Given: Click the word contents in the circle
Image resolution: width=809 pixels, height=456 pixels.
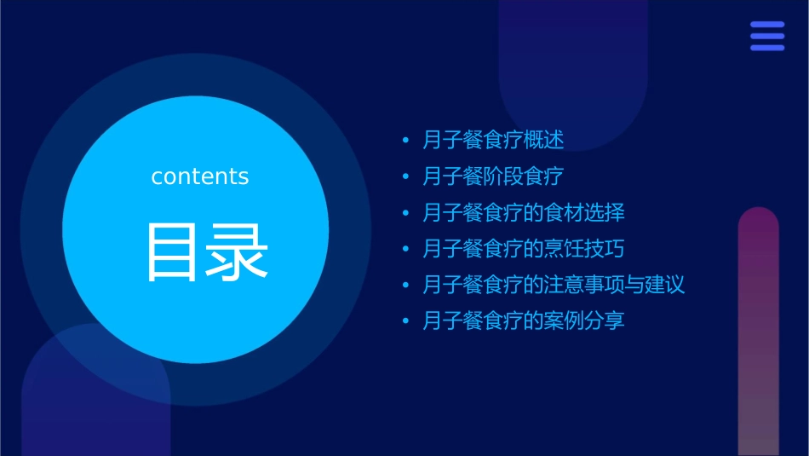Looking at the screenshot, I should click(200, 176).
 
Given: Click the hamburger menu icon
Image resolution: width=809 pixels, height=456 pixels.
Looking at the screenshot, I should click(767, 37).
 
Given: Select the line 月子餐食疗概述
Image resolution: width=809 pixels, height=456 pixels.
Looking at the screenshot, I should click(493, 140).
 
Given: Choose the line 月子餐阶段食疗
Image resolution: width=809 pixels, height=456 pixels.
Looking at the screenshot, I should click(493, 176).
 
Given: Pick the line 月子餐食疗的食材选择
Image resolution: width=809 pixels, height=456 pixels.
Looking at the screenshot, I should click(524, 212).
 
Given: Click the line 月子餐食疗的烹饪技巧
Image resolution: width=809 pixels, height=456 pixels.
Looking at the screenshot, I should click(524, 249).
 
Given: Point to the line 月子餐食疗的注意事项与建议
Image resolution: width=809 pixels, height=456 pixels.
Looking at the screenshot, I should click(554, 285).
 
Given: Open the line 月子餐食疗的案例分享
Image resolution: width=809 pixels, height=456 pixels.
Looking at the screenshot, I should click(524, 321).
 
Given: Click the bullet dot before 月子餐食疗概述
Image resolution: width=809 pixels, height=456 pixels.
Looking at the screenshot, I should click(405, 140).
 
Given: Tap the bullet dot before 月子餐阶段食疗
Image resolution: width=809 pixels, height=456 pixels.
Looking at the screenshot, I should click(405, 176).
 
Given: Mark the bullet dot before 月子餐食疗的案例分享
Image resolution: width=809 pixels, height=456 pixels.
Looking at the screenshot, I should click(405, 321).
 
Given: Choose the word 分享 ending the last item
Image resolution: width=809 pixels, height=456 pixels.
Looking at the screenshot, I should click(605, 321).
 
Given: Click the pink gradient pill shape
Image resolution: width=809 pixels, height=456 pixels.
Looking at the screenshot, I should click(758, 332).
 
